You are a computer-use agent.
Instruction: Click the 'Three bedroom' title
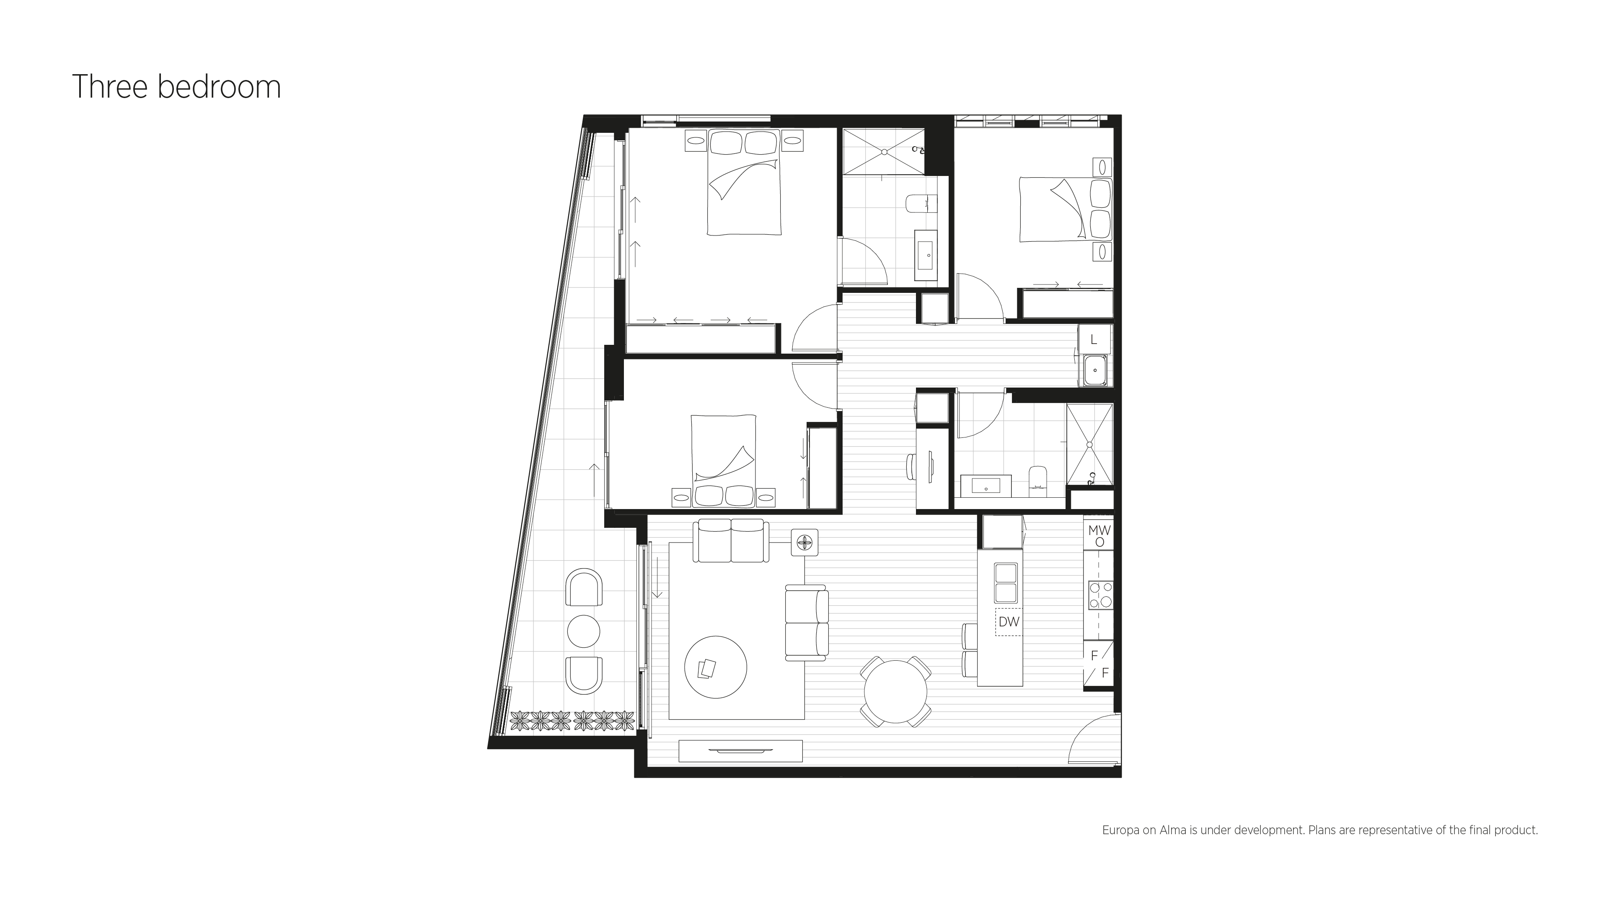[177, 87]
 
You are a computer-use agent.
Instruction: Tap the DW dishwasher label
[1009, 622]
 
